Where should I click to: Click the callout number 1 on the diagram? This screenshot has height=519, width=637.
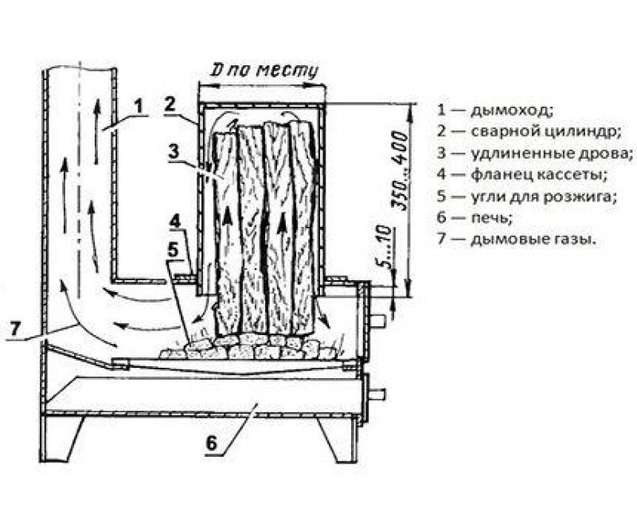pos(138,103)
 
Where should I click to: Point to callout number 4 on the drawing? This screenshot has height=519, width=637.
pos(174,219)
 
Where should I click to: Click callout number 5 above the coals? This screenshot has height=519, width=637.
pos(172,248)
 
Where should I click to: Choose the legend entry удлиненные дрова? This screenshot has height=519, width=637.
pos(530,153)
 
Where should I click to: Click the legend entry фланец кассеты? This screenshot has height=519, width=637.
pos(522,174)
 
